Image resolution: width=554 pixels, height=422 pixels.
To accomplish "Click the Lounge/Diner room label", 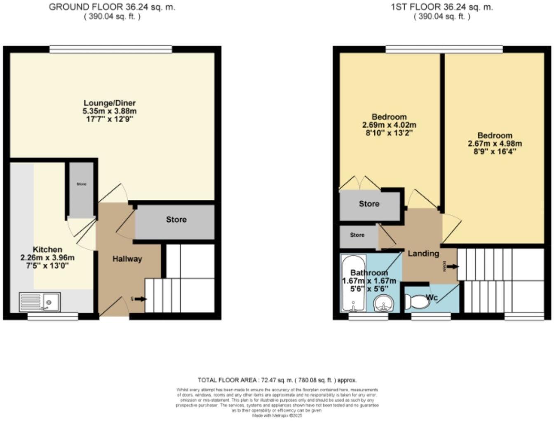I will click(x=110, y=103).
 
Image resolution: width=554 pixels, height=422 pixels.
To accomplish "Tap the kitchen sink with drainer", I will click(x=40, y=302).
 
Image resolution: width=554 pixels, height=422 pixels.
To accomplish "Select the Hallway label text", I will click(x=127, y=259).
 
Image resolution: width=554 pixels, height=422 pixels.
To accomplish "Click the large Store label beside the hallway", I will click(x=176, y=220).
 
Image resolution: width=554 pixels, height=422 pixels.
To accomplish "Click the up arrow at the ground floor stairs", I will click(x=141, y=299).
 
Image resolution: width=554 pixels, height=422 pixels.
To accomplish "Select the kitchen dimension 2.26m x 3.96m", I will click(x=47, y=258).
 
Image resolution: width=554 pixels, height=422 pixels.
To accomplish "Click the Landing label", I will click(x=423, y=253).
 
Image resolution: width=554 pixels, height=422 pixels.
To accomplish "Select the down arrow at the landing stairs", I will click(x=452, y=267).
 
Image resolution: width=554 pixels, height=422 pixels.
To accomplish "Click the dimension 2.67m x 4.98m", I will click(x=495, y=144).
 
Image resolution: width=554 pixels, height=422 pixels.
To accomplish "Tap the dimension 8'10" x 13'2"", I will click(x=389, y=133).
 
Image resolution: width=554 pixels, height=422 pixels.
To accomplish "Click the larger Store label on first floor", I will click(x=369, y=204).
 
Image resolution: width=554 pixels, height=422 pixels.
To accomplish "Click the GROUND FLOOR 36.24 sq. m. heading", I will click(x=112, y=7).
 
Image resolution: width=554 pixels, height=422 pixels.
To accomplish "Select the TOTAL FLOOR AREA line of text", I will click(x=277, y=380).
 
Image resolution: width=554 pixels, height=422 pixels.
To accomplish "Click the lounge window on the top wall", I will click(x=110, y=49).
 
